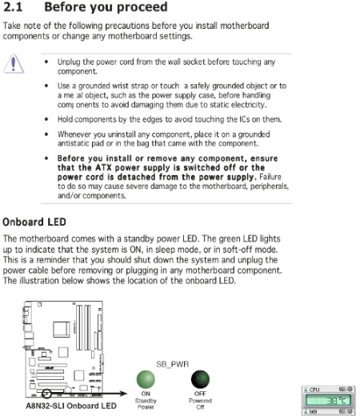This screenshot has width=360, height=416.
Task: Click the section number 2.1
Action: (x=13, y=6)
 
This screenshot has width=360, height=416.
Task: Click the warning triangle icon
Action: (x=14, y=63)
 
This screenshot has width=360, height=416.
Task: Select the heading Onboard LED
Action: (x=34, y=222)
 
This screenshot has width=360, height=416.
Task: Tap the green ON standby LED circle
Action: (x=146, y=379)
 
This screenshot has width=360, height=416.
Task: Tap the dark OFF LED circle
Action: (x=200, y=379)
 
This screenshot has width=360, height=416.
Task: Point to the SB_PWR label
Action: (x=173, y=364)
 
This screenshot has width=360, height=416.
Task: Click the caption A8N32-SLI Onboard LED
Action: (x=71, y=406)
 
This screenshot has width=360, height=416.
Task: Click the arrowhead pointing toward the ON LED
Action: (x=123, y=394)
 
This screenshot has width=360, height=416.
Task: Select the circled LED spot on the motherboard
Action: (x=46, y=394)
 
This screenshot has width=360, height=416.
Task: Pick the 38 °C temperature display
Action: (x=328, y=400)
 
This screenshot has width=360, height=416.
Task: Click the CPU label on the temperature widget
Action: (x=314, y=390)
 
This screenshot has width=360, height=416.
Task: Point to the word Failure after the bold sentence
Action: (x=270, y=177)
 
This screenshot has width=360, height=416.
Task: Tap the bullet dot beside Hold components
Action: (x=46, y=119)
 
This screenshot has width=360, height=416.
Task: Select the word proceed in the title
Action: (x=142, y=7)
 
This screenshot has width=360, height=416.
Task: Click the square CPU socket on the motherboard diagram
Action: (x=62, y=330)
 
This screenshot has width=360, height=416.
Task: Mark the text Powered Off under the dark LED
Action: (x=200, y=404)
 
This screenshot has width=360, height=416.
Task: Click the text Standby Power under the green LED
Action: (x=146, y=404)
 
